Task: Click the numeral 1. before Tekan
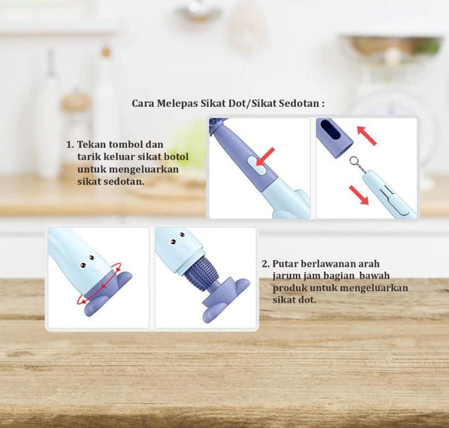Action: coord(70,144)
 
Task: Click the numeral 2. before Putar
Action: coord(265,264)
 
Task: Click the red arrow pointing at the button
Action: coord(265,156)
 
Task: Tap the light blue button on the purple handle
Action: coord(257,166)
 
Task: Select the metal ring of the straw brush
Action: coord(354,162)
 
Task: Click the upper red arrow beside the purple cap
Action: coord(367,136)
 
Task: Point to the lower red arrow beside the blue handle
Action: coord(359,195)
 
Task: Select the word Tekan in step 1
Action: coord(92,144)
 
